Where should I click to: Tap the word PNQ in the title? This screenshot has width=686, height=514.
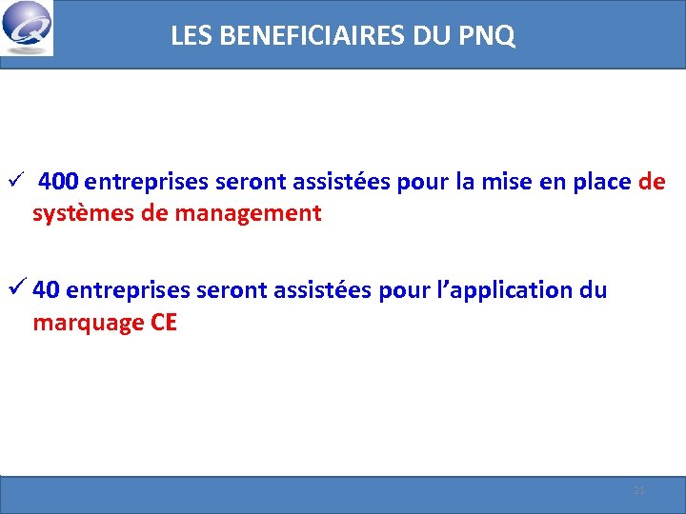[490, 37]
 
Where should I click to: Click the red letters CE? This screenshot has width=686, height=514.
[164, 323]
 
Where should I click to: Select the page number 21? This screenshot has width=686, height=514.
[639, 490]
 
